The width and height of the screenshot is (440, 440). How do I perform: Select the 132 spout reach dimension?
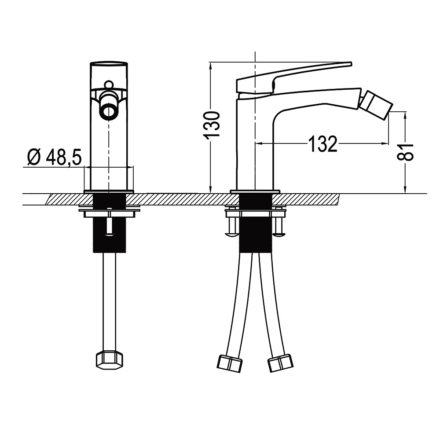323,144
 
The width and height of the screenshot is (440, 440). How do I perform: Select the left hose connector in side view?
230,363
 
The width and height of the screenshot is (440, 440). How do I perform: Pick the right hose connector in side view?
280,363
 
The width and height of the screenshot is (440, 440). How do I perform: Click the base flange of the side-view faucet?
255,191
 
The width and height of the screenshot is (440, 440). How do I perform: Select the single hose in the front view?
109,299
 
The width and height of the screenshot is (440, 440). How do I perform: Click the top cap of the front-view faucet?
108,64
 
